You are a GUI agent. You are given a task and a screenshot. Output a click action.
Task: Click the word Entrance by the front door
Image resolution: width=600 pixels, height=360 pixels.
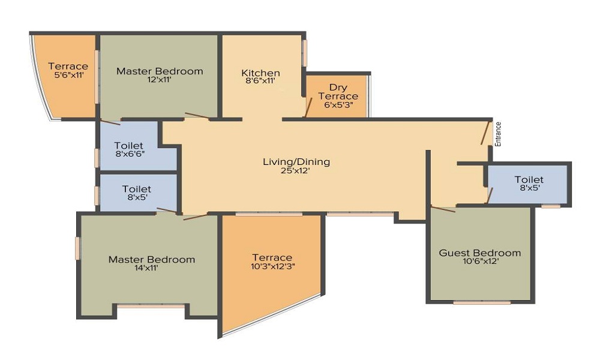[498, 134]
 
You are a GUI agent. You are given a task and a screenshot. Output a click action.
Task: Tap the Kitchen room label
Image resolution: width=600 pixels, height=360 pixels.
[260, 73]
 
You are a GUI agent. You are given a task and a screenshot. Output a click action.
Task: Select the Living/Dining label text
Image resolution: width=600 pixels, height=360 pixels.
[296, 162]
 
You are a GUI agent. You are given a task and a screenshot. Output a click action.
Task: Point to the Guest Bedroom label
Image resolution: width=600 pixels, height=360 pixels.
[480, 253]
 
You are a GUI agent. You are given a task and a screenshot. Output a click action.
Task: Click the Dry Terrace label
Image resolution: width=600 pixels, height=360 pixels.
[338, 92]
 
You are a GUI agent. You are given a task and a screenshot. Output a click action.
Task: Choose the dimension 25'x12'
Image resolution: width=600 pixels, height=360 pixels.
[295, 171]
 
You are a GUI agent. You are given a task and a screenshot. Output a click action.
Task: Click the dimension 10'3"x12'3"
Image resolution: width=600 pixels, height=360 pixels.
[273, 266]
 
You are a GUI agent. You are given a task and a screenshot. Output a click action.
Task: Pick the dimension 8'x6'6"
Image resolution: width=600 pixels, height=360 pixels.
[130, 154]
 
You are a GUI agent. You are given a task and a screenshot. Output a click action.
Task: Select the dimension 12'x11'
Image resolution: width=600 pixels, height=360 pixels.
[159, 80]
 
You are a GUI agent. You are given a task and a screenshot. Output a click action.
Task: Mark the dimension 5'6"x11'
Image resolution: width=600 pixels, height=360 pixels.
[69, 75]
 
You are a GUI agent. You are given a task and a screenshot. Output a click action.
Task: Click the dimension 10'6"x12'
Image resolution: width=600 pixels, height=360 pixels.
[480, 262]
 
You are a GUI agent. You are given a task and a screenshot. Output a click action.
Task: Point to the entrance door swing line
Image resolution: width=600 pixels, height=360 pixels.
[487, 133]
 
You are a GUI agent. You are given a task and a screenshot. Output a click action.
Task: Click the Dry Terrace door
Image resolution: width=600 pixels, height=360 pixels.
[308, 107]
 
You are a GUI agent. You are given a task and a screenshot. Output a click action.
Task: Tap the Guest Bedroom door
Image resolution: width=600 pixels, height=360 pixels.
[443, 209]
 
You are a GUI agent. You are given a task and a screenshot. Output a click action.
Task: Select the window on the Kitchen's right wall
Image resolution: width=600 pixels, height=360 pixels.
[305, 53]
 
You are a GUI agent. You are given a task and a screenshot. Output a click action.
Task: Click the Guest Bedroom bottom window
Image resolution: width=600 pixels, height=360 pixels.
[482, 302]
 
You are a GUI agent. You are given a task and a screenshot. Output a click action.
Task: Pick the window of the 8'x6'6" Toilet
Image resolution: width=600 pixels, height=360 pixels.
[97, 158]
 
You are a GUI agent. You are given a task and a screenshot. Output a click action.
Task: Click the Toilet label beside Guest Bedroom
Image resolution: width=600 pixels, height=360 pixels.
[529, 179]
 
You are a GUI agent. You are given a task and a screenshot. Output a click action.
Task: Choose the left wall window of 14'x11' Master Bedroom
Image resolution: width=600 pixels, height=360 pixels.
[77, 248]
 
